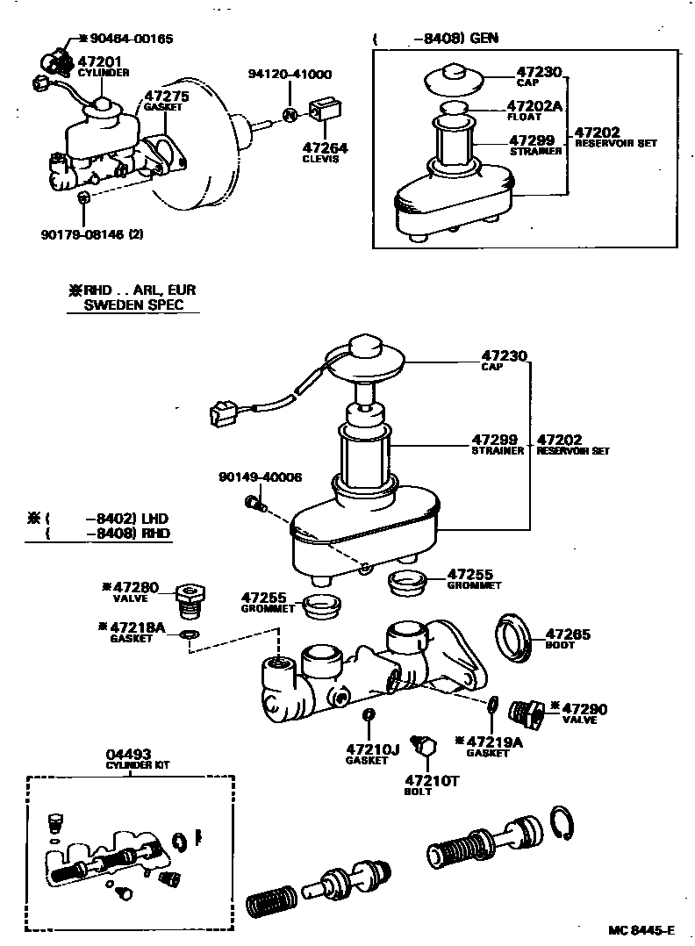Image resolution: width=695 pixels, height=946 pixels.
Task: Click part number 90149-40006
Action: [260, 477]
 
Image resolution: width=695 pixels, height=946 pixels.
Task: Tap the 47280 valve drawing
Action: [190, 598]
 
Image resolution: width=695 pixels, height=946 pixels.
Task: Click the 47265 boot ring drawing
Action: [512, 637]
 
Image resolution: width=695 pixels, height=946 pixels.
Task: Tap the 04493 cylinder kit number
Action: [129, 754]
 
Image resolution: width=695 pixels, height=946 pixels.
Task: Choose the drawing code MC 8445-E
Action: [641, 930]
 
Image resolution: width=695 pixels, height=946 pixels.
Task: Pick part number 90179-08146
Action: [83, 234]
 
